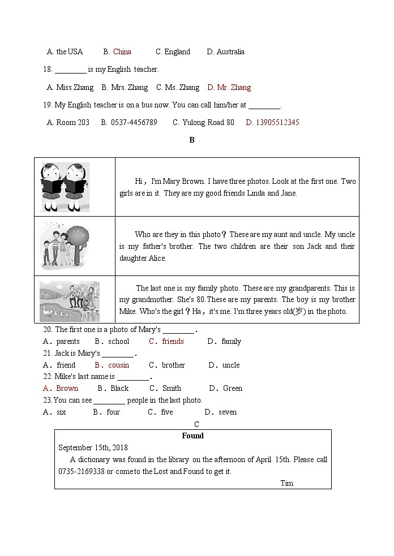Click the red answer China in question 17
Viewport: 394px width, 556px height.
(122, 52)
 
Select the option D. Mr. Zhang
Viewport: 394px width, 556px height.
(229, 88)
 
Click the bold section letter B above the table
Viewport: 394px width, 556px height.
(192, 140)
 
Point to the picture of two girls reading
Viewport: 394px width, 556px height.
(65, 187)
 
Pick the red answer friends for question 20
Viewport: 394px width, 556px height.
(173, 342)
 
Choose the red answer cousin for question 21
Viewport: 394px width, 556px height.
(118, 365)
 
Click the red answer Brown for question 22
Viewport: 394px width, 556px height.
(67, 389)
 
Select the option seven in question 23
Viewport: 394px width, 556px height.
(227, 412)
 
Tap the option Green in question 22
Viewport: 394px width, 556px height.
(232, 389)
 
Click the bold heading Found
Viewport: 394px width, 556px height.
(192, 436)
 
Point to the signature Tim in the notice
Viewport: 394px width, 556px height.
(287, 484)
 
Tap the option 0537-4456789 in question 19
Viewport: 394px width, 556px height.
(134, 123)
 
